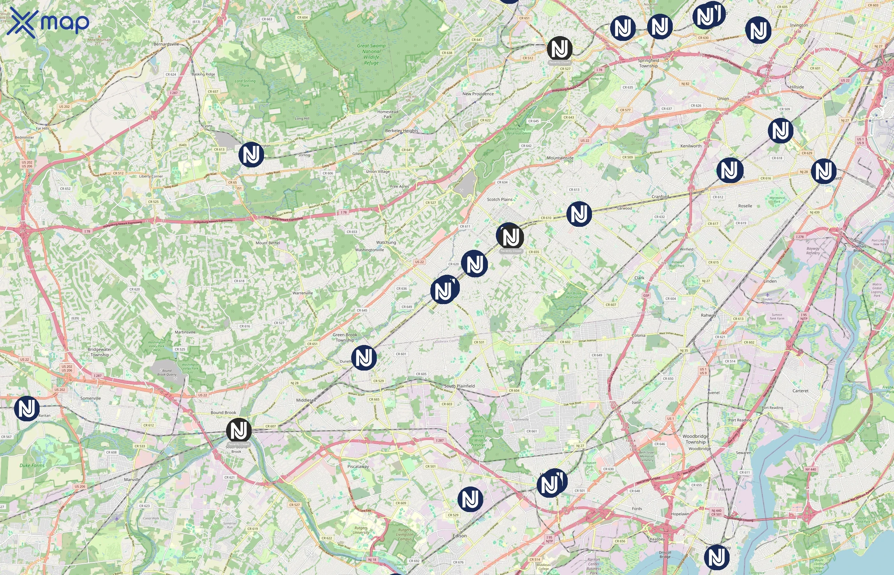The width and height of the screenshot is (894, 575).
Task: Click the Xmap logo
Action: click(48, 22)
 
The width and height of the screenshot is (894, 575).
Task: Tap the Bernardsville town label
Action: click(166, 44)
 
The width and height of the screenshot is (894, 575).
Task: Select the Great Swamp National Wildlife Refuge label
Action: click(371, 54)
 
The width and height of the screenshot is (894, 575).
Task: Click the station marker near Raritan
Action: click(27, 409)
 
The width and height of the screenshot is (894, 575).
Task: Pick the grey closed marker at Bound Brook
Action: click(239, 431)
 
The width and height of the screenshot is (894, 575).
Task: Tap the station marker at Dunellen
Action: click(364, 358)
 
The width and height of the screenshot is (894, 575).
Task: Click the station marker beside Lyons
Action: click(251, 154)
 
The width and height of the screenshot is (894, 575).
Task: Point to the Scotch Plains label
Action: click(500, 199)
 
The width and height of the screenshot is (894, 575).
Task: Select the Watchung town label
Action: click(386, 242)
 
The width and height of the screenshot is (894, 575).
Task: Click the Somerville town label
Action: click(91, 398)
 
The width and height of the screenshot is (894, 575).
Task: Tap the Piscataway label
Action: click(358, 466)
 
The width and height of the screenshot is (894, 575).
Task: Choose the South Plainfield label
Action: click(459, 386)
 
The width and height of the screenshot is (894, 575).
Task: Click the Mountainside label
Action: click(560, 158)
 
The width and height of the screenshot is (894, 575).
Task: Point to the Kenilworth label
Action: click(691, 146)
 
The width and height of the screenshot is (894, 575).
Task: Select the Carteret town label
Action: click(800, 391)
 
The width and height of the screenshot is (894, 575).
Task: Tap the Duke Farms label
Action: click(32, 466)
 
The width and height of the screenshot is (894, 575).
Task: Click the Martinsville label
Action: click(185, 332)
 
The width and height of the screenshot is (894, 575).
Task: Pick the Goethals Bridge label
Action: click(859, 248)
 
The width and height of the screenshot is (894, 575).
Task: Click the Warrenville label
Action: click(303, 293)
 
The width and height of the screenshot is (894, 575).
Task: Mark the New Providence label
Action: click(478, 94)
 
